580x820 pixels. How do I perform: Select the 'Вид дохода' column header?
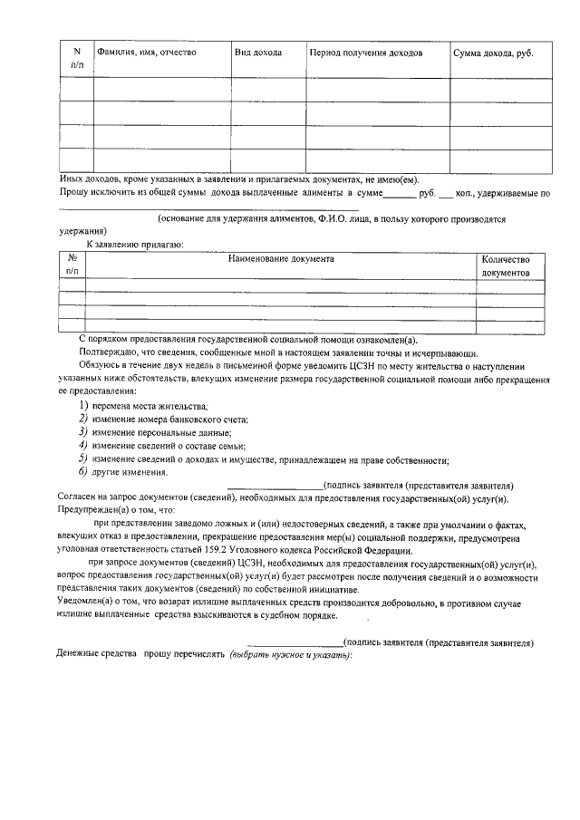[x=258, y=53]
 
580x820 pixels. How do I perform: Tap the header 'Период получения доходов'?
[x=366, y=53]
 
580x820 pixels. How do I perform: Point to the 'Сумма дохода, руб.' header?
[x=493, y=53]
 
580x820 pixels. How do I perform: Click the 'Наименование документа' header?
[x=281, y=259]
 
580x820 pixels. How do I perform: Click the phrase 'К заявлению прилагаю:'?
[x=135, y=245]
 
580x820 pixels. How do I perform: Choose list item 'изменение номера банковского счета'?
[x=169, y=420]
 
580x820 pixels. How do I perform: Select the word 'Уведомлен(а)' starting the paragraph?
[x=89, y=603]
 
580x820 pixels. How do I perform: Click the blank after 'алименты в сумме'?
[x=399, y=193]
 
